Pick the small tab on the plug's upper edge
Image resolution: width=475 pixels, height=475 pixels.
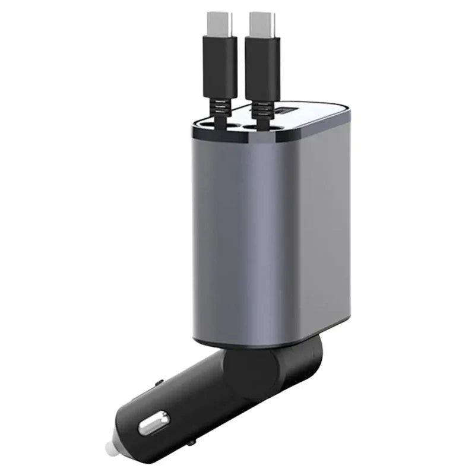(159, 384)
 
